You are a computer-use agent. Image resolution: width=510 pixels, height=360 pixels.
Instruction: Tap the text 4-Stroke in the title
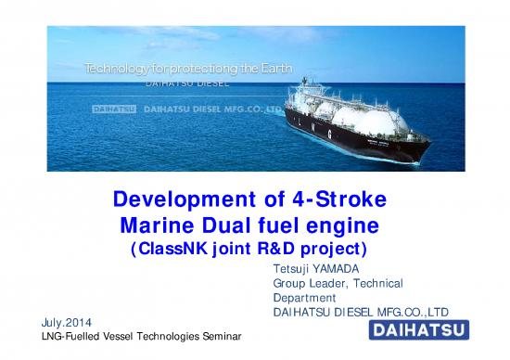[x=344, y=200]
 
